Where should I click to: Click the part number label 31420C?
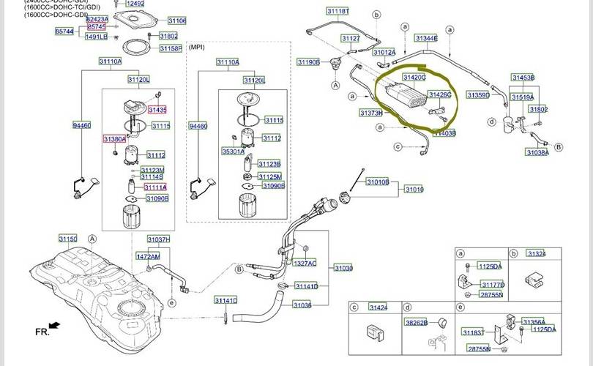pos(414,77)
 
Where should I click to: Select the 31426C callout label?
pos(439,95)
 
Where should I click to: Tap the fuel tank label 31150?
pos(67,239)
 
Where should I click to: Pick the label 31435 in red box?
pos(157,110)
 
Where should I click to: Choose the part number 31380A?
pos(114,138)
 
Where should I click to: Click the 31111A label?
pos(155,187)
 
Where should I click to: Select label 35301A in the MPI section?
pos(233,152)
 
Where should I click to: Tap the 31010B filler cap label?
pos(378,182)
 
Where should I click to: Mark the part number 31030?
pos(343,269)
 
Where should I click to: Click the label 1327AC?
pos(305,263)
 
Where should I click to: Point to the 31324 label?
pos(537,254)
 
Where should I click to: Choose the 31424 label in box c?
pos(378,307)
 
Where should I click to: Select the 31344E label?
pos(426,38)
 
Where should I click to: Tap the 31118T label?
pos(337,12)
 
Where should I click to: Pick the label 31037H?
pos(158,239)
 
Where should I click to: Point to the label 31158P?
pos(170,49)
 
